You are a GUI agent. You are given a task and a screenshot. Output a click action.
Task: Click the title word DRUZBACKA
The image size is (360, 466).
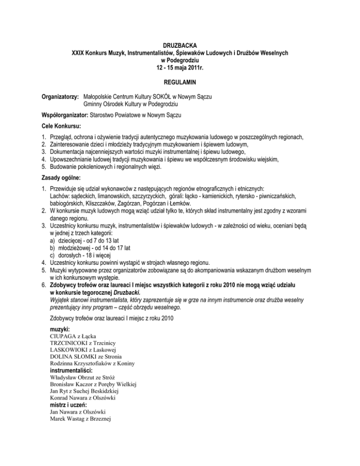click(x=180, y=45)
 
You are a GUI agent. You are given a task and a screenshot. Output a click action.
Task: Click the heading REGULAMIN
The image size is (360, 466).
click(x=180, y=83)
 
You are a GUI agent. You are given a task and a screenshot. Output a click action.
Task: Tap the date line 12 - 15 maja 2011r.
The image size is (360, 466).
click(x=180, y=68)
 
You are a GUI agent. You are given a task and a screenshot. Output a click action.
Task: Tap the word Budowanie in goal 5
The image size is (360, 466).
click(x=64, y=167)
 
